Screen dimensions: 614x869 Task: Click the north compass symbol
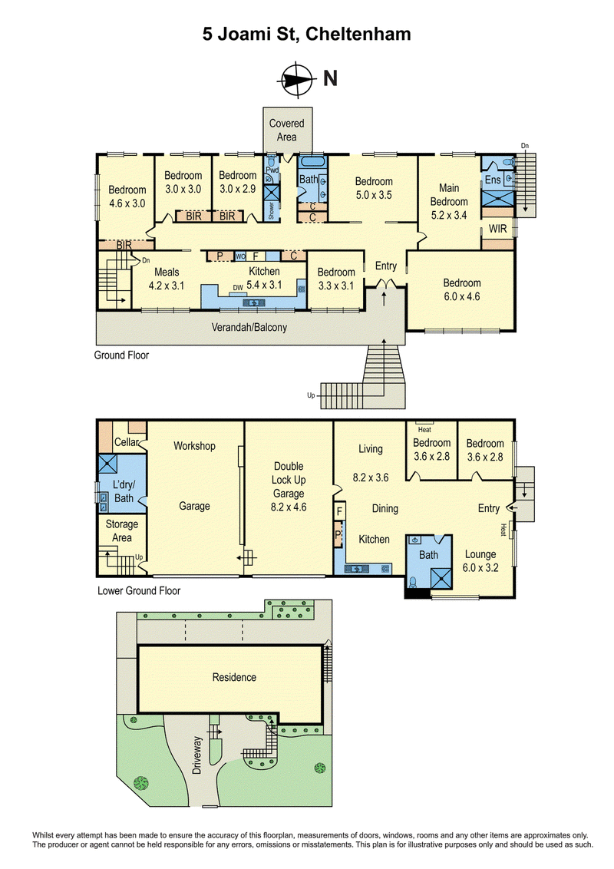[x=296, y=79]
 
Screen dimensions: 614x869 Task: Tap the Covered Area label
[x=286, y=131]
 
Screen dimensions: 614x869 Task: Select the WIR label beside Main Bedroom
[x=497, y=228]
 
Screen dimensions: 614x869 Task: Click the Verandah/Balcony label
[x=249, y=327]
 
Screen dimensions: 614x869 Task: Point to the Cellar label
[x=127, y=442]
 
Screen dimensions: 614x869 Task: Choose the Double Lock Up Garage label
[x=289, y=487]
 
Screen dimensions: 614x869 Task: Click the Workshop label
[x=194, y=446]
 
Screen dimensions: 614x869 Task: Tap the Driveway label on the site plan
[x=198, y=755]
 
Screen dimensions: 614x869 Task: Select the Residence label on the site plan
[x=234, y=677]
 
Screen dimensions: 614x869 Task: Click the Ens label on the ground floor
[x=493, y=180]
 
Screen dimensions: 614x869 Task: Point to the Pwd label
[x=272, y=170]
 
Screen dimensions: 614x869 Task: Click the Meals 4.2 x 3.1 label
[x=167, y=279]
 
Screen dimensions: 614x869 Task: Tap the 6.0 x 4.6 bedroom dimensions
[x=461, y=296]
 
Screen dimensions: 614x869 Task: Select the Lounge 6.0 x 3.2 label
[x=480, y=561]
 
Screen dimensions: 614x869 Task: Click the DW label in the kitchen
[x=238, y=288]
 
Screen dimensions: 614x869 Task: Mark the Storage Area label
[x=122, y=531]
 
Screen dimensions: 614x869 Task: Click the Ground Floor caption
[x=121, y=355]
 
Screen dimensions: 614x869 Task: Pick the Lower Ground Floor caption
[x=139, y=591]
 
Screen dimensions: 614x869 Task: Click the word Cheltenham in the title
[x=358, y=35]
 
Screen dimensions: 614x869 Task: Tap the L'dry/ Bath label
[x=124, y=491]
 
